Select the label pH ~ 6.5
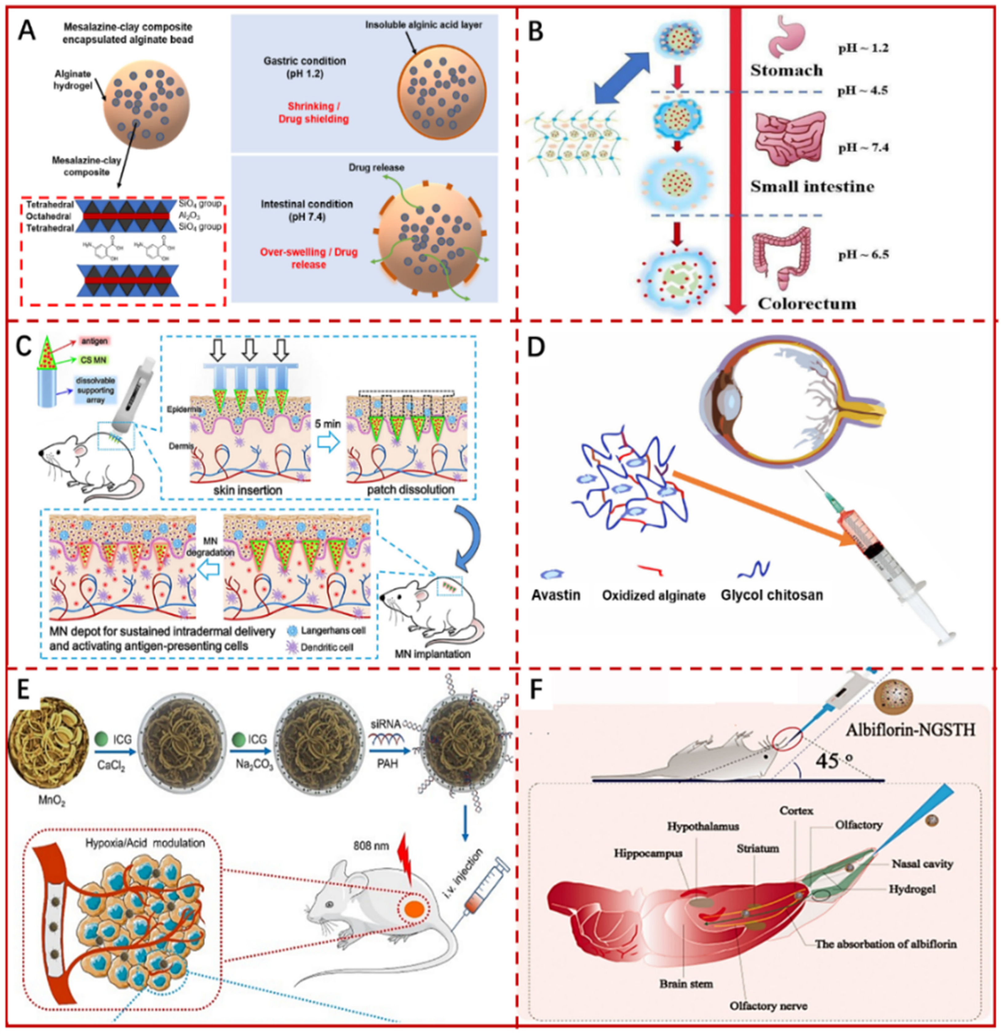click(863, 255)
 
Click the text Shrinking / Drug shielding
click(313, 112)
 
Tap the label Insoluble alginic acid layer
click(424, 25)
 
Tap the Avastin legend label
click(556, 595)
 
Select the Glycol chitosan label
click(772, 595)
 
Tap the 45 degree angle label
click(834, 760)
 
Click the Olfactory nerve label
click(768, 1005)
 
